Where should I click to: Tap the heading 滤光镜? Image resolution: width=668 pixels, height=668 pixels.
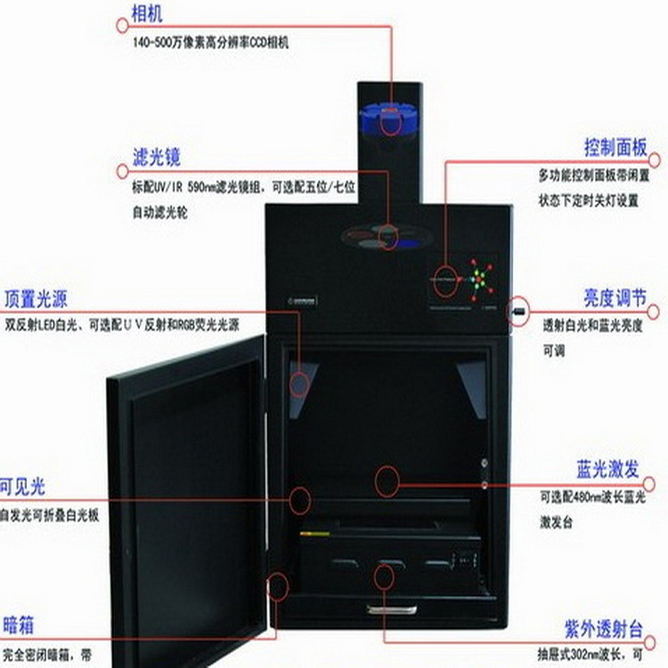click(155, 158)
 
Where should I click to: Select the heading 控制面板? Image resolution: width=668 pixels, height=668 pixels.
click(615, 147)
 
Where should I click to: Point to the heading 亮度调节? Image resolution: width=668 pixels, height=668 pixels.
click(615, 297)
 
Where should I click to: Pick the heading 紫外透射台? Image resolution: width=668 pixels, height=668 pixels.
click(603, 628)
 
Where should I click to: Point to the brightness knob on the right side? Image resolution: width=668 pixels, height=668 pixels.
click(516, 313)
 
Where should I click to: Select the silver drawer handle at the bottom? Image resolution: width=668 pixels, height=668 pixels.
click(391, 609)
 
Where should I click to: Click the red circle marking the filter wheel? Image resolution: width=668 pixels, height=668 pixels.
click(387, 236)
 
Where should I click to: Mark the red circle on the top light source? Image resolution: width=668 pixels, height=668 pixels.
click(300, 383)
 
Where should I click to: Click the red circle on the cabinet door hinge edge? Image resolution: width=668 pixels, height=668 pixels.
click(279, 585)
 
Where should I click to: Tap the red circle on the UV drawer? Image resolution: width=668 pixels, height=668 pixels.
click(384, 576)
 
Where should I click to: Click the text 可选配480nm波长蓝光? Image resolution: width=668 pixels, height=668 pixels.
click(591, 498)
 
